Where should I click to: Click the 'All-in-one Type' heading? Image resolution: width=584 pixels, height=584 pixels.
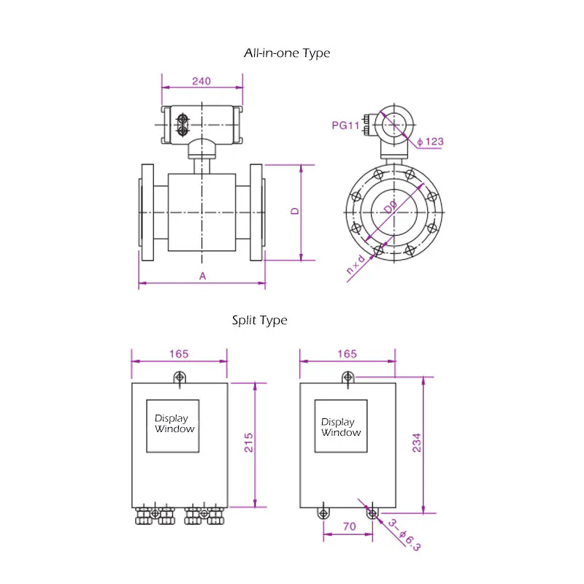286,53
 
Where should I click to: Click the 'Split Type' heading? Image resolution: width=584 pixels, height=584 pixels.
260,320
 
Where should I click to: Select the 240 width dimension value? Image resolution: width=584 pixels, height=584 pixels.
201,82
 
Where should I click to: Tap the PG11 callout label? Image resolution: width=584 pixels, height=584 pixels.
346,126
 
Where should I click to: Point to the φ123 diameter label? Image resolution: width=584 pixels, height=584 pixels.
431,142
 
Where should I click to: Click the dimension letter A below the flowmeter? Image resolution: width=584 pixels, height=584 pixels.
203,276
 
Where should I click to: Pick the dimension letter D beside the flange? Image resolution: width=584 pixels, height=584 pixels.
295,212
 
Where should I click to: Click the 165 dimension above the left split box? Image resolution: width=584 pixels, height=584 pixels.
179,354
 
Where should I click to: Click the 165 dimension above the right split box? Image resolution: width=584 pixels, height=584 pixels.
347,354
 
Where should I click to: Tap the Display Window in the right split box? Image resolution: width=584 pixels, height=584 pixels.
341,426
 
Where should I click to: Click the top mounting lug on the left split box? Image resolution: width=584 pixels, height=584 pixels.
180,377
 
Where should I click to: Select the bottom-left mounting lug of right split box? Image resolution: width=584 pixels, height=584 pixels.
323,513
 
